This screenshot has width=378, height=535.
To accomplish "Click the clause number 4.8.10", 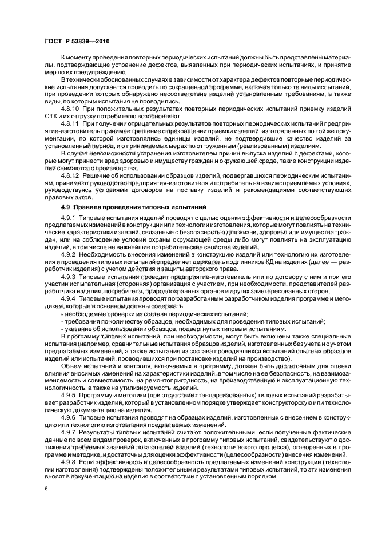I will pyautogui.click(x=70, y=107).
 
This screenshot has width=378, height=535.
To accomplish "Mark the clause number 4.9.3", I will pyautogui.click(x=69, y=277).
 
